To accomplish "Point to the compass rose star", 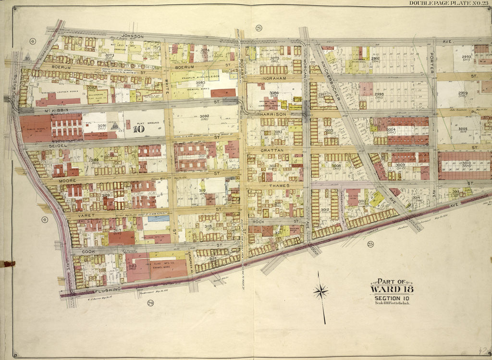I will [321, 291].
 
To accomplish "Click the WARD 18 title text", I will [391, 289].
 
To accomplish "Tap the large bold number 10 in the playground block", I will [139, 128].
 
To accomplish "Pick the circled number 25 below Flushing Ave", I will [370, 244].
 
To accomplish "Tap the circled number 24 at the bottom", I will [150, 303].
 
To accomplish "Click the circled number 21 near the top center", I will [259, 28].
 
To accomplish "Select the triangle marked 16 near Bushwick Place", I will [28, 58].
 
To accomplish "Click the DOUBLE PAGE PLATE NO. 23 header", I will [449, 3].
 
